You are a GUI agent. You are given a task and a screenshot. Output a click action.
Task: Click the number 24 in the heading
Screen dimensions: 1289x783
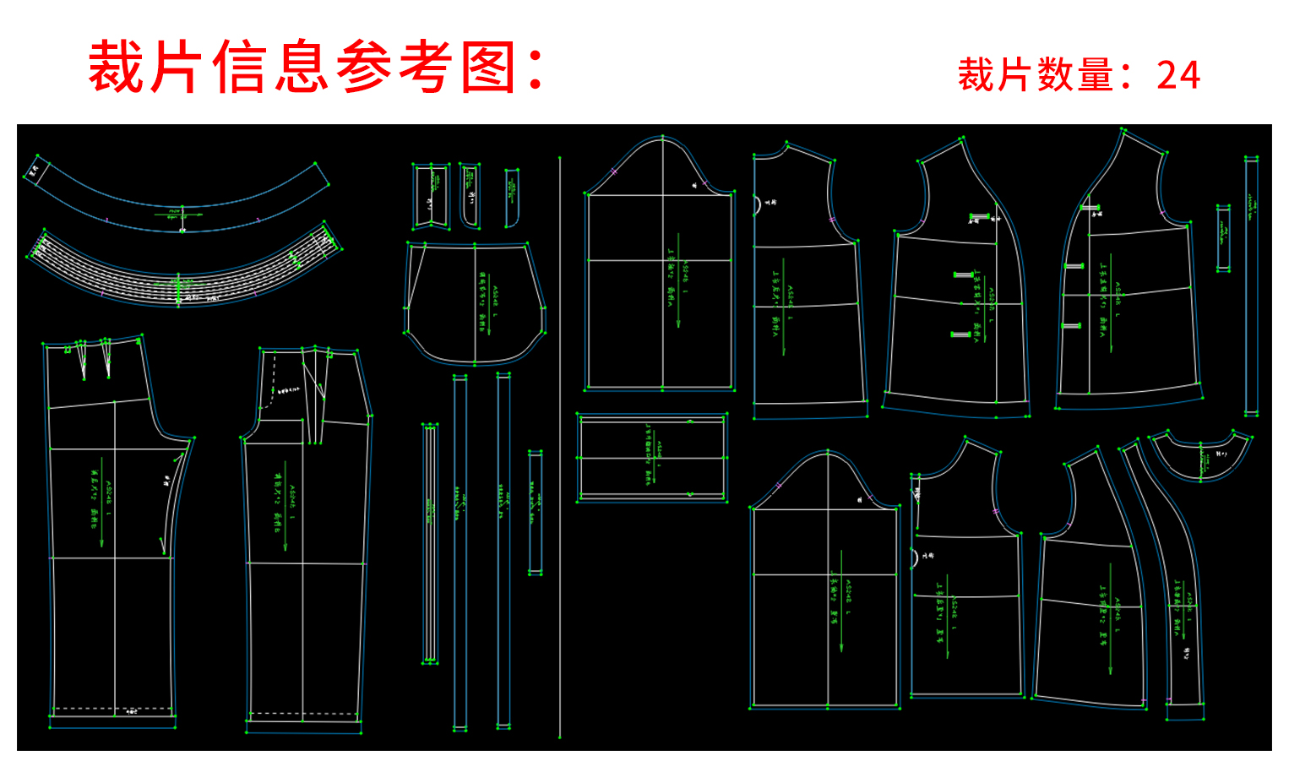click(1178, 75)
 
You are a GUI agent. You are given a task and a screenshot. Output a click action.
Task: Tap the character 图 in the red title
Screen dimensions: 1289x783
click(489, 68)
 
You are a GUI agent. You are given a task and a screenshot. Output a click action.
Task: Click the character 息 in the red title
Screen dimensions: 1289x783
click(301, 68)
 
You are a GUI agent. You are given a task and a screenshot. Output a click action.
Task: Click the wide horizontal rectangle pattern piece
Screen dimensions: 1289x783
click(651, 458)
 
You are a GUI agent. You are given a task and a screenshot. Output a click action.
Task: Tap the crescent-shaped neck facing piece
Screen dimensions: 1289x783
click(1199, 456)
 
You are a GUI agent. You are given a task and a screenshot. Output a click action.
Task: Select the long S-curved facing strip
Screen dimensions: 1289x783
click(1170, 574)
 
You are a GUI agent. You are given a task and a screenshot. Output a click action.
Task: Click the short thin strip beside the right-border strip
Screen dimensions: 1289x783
click(1223, 237)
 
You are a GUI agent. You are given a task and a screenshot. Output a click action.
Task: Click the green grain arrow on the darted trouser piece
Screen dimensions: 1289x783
click(102, 507)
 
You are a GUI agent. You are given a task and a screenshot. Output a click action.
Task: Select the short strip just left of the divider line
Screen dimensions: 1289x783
click(535, 513)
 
